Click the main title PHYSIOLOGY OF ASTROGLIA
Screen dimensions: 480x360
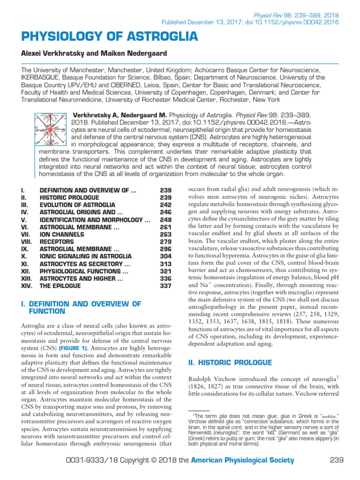pos(109,37)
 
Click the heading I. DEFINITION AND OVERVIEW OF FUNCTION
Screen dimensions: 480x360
pos(81,307)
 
